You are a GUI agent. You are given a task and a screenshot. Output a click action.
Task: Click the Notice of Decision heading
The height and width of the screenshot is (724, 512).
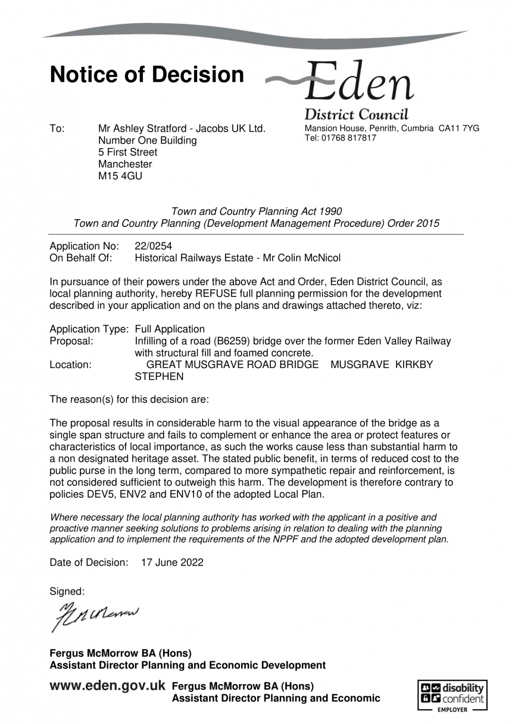(146, 75)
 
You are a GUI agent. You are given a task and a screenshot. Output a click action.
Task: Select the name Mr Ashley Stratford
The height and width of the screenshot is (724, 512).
(138, 129)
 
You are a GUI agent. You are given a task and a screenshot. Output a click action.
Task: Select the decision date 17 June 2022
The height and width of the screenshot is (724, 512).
(172, 562)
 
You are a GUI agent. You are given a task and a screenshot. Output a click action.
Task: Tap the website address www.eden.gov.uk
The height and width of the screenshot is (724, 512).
(108, 686)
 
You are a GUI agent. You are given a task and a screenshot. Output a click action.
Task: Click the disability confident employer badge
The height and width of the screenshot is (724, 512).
(452, 695)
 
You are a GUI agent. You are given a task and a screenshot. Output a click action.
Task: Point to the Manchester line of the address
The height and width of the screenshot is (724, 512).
(125, 164)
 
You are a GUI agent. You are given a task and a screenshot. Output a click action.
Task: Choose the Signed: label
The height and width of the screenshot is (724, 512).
(67, 591)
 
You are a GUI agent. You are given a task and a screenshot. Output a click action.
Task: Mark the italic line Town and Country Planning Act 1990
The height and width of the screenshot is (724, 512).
(256, 211)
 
